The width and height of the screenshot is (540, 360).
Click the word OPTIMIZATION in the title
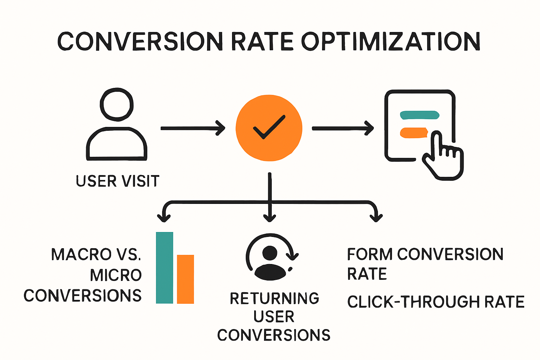391,41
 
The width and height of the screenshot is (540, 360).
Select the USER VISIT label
117,181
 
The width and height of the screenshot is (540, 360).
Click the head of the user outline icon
117,104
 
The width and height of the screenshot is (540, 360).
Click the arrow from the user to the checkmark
193,128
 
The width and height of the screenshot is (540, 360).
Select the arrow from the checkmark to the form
343,128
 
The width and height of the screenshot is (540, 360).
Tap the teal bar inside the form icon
420,115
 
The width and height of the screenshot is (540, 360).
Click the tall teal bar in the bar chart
165,268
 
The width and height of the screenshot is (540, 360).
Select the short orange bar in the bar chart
185,279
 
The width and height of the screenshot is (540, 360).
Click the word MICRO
116,275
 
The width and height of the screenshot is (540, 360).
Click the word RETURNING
274,298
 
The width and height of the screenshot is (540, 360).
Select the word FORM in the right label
369,254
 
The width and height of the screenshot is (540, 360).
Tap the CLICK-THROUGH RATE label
436,302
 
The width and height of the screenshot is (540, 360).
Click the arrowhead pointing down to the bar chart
164,217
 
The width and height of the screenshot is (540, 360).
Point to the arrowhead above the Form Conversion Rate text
376,217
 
